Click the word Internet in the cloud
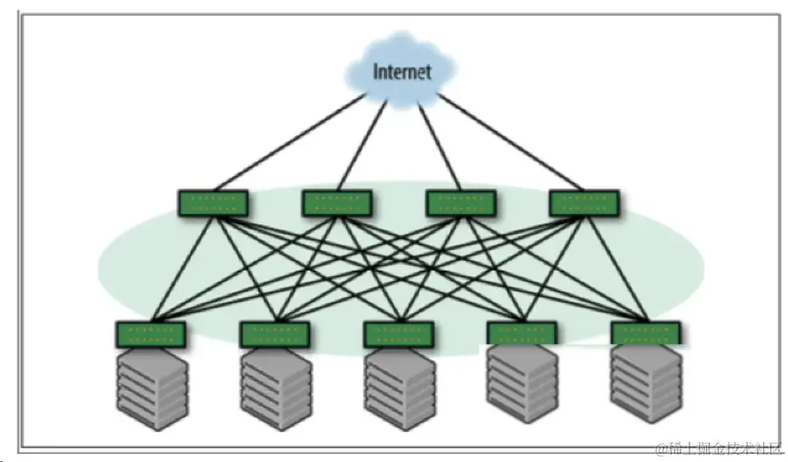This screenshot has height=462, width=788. [x=401, y=71]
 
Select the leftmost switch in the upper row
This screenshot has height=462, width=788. [x=213, y=203]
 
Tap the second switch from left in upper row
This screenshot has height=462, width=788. [x=337, y=203]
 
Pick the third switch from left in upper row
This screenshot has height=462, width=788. [x=460, y=203]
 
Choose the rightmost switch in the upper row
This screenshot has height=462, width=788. [x=585, y=203]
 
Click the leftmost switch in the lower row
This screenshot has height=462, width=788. [x=151, y=334]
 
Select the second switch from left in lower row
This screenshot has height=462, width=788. [x=275, y=334]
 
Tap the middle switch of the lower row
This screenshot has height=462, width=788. [x=399, y=334]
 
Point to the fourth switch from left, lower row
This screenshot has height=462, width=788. [x=522, y=334]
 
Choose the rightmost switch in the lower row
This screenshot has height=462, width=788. [x=645, y=333]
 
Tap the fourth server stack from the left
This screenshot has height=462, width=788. [x=522, y=388]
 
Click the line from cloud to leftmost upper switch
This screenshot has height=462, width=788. [x=284, y=142]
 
